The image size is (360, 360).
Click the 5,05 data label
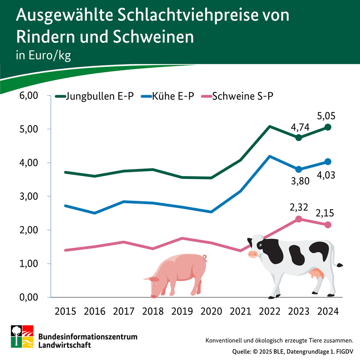[326, 116]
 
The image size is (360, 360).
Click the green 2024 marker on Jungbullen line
[328, 127]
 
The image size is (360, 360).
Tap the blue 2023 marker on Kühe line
[298, 169]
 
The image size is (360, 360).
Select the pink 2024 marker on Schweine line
[328, 225]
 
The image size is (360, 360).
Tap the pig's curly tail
[204, 257]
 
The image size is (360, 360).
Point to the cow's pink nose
[253, 254]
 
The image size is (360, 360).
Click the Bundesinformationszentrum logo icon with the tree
[22, 336]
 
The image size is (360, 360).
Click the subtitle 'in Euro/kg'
[43, 55]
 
